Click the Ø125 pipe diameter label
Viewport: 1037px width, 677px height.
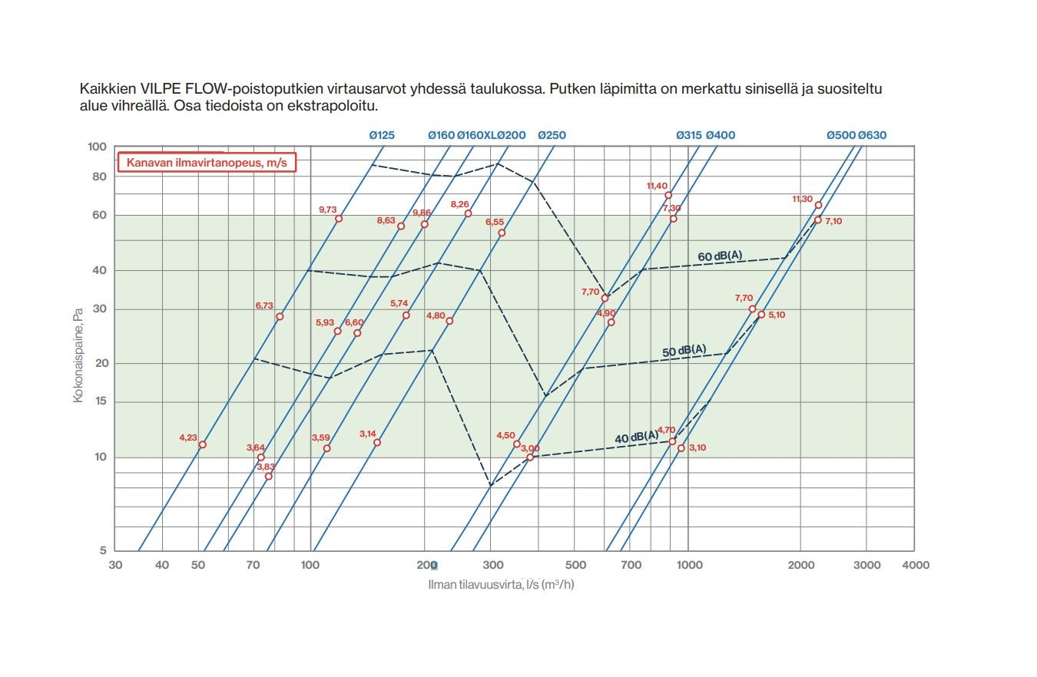[381, 135]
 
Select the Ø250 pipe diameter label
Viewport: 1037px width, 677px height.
[552, 135]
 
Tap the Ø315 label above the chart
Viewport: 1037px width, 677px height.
[688, 135]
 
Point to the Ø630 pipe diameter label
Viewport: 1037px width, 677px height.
[872, 135]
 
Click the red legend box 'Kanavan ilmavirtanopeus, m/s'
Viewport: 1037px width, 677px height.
[206, 163]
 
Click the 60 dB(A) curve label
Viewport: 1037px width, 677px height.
[720, 256]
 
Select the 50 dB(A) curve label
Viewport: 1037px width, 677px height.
[684, 351]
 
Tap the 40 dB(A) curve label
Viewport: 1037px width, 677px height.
[636, 438]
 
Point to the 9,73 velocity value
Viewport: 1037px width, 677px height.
[328, 210]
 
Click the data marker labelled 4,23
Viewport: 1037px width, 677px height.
[202, 444]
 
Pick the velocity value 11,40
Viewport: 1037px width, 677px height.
[657, 186]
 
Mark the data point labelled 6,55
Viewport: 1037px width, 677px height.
[502, 233]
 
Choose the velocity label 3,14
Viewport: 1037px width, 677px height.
[368, 434]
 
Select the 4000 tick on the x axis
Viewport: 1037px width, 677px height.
[915, 565]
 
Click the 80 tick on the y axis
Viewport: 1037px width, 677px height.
[98, 176]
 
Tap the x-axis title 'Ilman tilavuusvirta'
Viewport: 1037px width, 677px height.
[501, 584]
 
